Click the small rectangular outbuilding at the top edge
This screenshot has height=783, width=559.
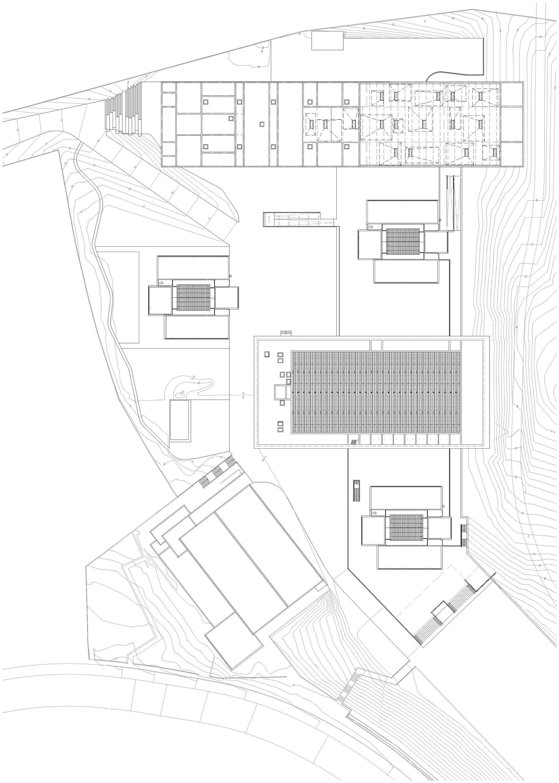327,41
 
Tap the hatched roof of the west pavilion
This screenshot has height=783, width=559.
193,297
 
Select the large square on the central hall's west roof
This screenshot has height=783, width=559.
280,392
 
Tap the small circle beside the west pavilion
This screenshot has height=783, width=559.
230,276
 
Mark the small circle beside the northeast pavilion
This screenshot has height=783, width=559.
440,220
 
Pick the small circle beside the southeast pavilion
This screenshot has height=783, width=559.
444,506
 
